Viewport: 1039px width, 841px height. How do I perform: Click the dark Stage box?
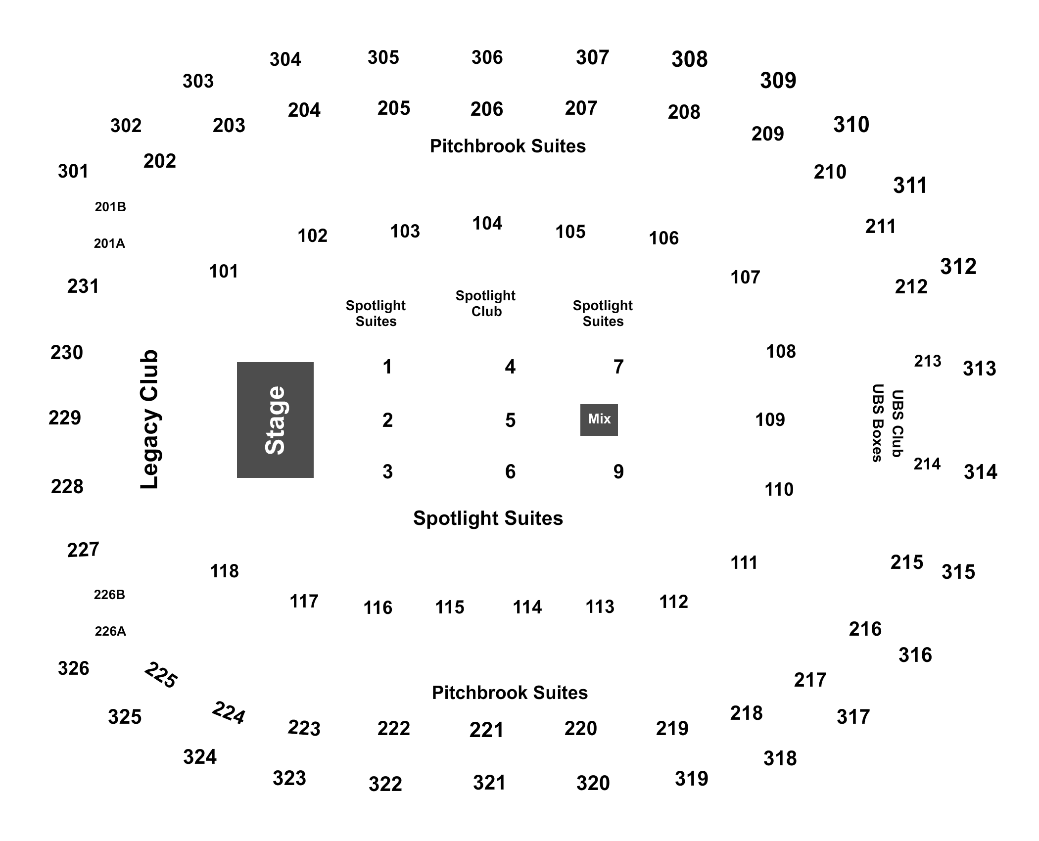click(275, 420)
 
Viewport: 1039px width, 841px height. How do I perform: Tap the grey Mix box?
click(599, 420)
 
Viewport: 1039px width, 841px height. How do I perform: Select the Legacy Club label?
click(149, 420)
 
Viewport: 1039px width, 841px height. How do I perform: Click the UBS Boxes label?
click(878, 423)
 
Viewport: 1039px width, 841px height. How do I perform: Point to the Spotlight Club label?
click(486, 303)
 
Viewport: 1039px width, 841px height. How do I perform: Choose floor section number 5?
click(511, 420)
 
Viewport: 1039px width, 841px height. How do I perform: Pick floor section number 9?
click(618, 472)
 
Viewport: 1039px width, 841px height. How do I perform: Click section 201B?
click(110, 207)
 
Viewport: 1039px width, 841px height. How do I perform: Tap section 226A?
click(110, 631)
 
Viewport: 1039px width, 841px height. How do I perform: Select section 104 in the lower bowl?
click(487, 224)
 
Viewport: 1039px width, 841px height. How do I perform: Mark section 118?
click(225, 571)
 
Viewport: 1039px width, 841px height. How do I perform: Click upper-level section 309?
click(778, 81)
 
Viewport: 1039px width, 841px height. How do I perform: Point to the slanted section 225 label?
click(161, 675)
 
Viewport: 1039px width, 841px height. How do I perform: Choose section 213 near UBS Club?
click(928, 361)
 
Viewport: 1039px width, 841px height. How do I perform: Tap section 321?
click(489, 783)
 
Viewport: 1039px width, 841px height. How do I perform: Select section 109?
click(770, 420)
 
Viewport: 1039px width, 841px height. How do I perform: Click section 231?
click(83, 286)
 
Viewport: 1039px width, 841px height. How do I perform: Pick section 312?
click(958, 267)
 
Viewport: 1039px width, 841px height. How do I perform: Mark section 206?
click(487, 109)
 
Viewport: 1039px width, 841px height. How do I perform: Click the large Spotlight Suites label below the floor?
click(488, 518)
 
